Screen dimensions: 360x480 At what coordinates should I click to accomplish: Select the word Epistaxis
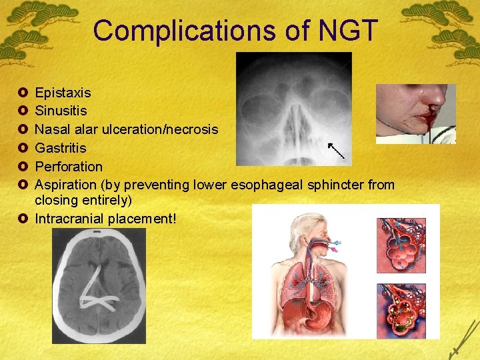[63, 92]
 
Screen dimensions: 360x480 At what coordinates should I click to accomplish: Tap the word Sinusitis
[61, 110]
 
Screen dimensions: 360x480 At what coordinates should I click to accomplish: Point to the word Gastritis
[61, 147]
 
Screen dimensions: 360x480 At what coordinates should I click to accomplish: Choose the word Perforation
[69, 166]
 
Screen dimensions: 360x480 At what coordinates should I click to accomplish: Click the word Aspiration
[66, 185]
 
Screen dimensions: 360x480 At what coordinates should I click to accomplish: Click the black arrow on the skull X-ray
[336, 150]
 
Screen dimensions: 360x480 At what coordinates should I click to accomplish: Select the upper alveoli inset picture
[401, 245]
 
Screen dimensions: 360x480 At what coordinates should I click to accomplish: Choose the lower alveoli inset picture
[401, 311]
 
